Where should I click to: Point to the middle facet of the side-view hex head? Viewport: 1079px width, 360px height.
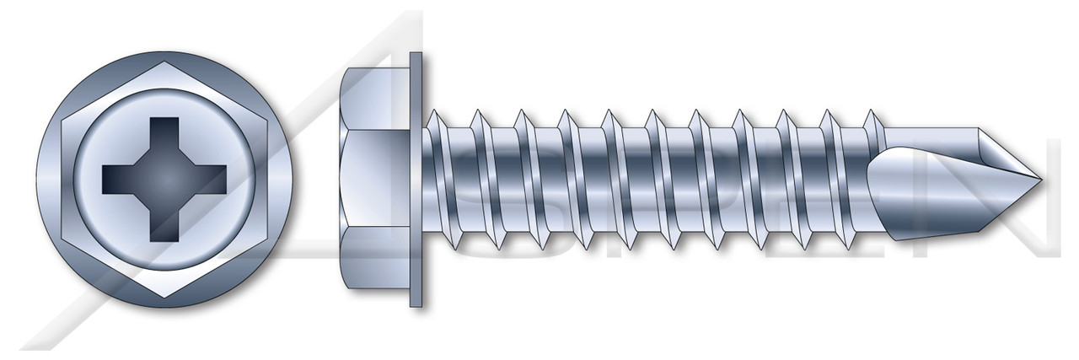(x=375, y=179)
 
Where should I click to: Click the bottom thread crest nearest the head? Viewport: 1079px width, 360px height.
(x=456, y=247)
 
